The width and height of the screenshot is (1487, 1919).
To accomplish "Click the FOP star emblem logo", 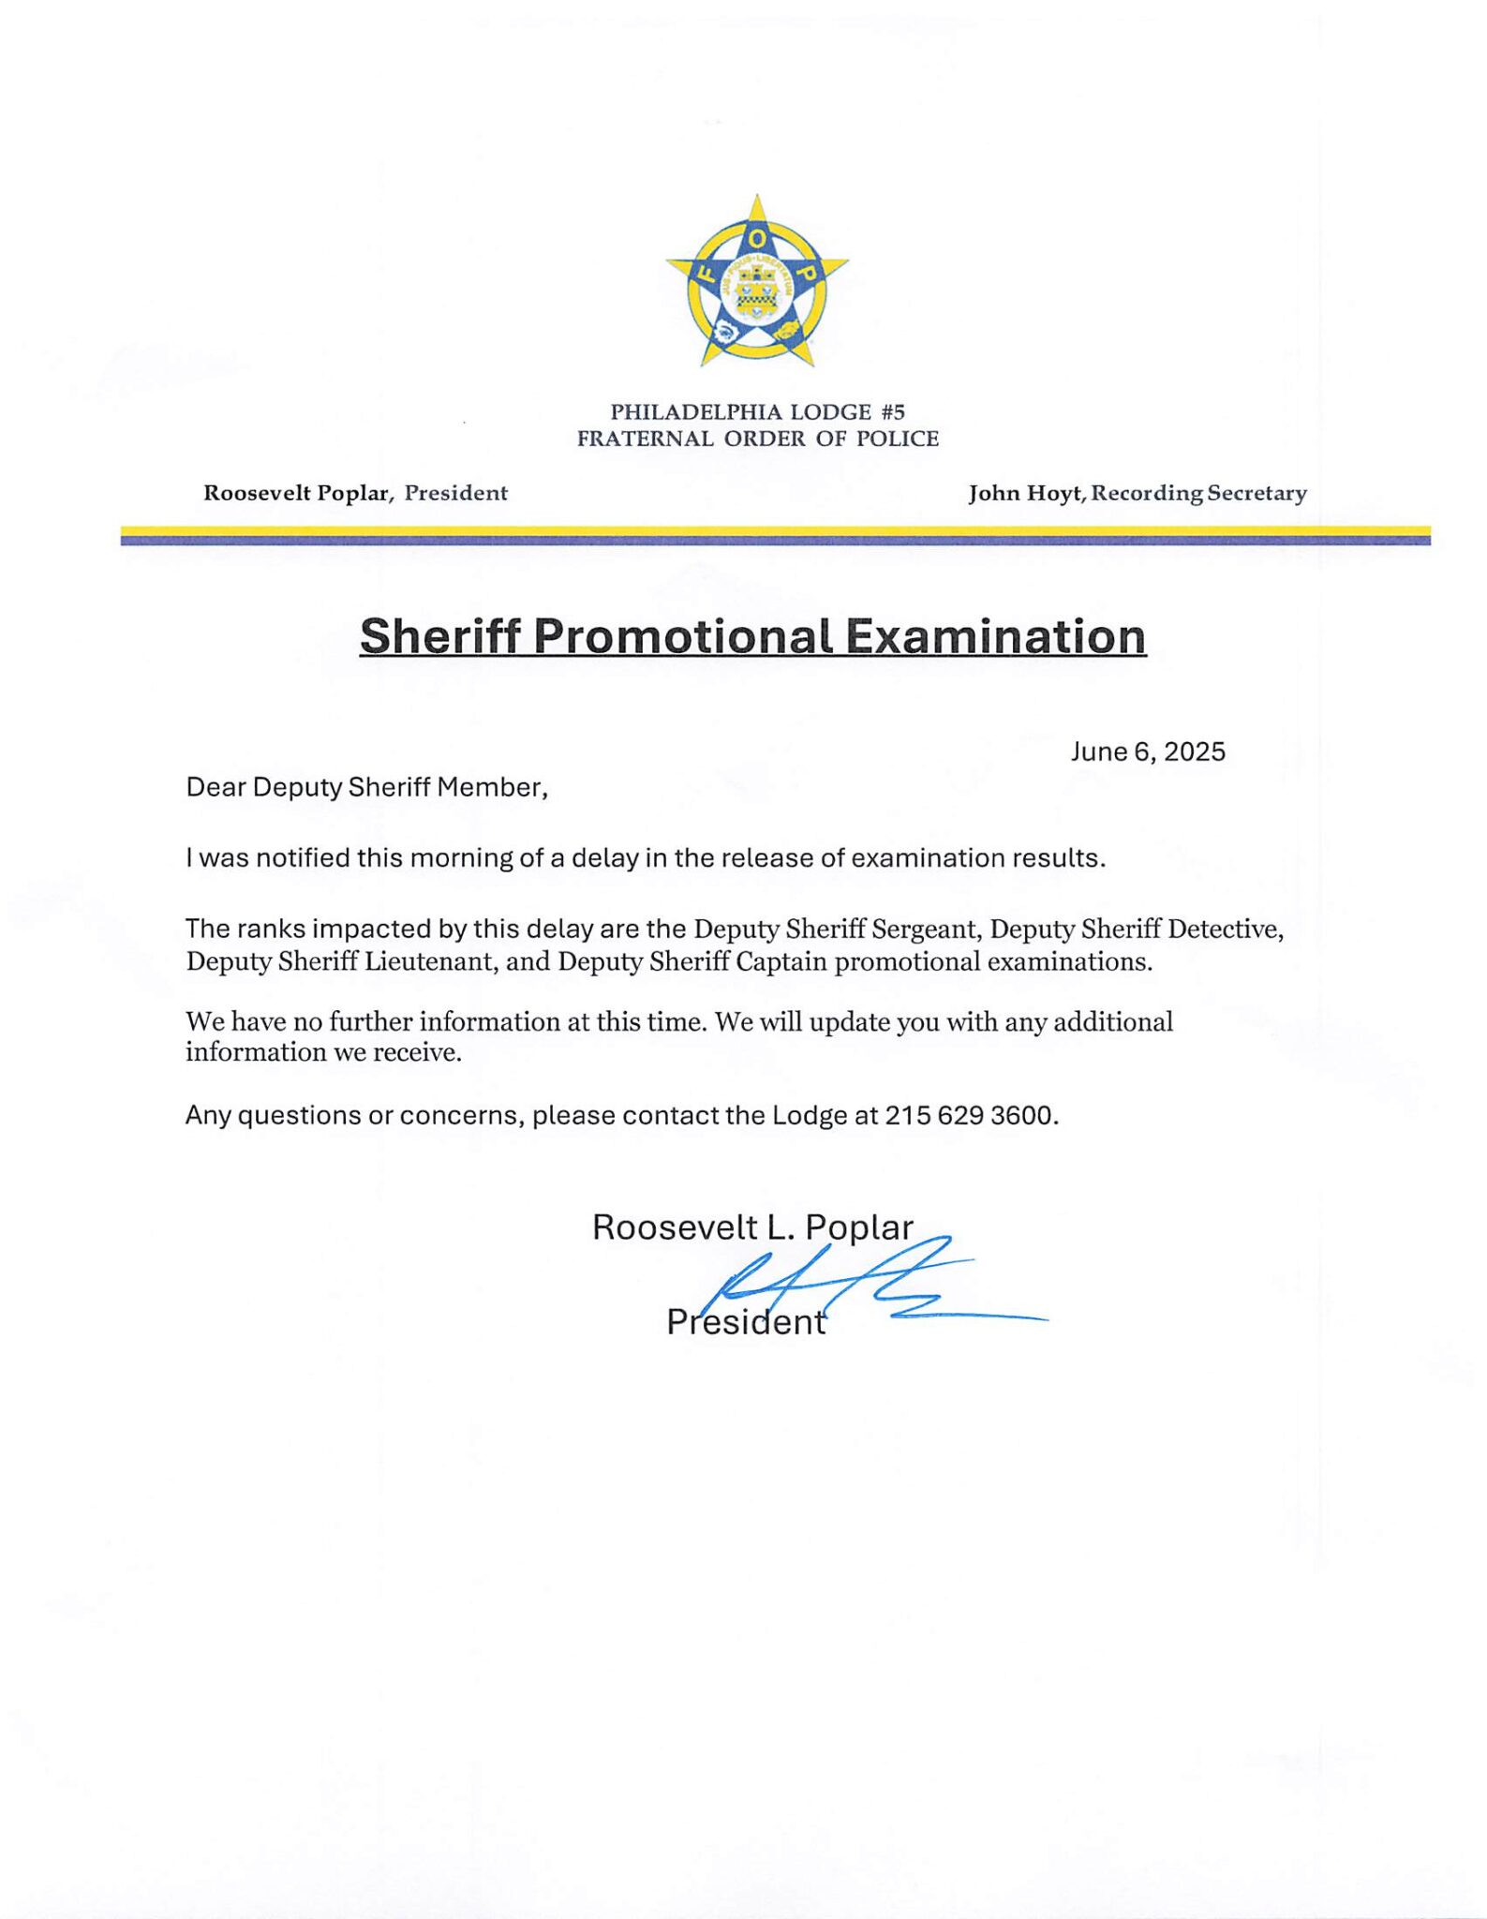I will pos(757,281).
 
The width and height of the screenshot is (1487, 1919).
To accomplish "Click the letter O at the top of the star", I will pos(757,241).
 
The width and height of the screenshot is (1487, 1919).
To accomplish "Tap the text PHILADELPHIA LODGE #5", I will pos(757,411).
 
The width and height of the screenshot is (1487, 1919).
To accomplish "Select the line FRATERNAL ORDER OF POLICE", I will pos(757,439).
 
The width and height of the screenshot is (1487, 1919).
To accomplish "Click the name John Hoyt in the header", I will pos(1024,493).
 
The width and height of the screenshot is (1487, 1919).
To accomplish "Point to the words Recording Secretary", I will pos(1199,493).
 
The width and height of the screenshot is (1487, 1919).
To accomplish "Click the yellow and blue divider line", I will pos(775,535).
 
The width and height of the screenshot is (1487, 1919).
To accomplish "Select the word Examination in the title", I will pos(995,636).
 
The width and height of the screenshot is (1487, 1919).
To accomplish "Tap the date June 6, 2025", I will pos(1148,751).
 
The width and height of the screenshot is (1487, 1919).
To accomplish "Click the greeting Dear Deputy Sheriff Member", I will pos(366,787).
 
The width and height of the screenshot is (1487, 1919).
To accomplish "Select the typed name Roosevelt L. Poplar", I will pos(752,1227).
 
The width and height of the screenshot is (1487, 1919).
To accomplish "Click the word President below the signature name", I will pos(746,1322).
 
